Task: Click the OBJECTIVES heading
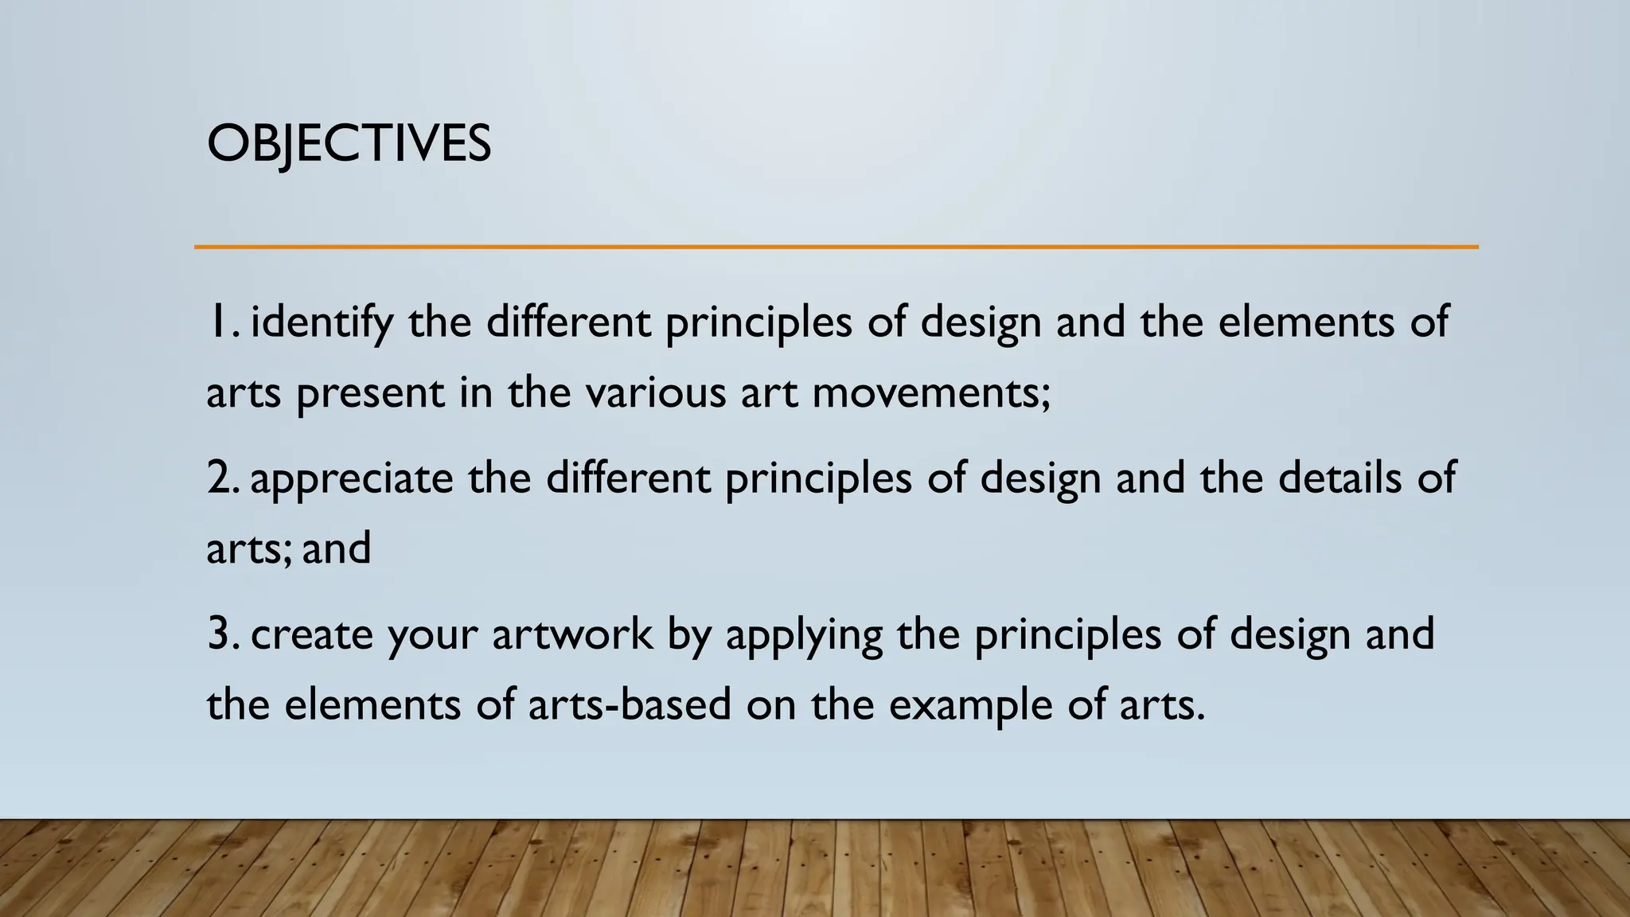pyautogui.click(x=349, y=144)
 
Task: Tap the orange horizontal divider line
pyautogui.click(x=836, y=247)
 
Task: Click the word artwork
pyautogui.click(x=571, y=634)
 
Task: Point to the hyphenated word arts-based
pyautogui.click(x=629, y=704)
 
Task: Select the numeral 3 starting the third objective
pyautogui.click(x=220, y=634)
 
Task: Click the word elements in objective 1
pyautogui.click(x=1306, y=322)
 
